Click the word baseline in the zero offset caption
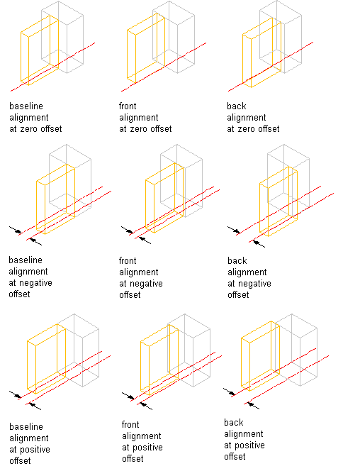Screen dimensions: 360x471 coord(26,106)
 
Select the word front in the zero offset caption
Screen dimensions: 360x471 coord(128,106)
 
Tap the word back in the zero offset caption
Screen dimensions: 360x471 coord(237,106)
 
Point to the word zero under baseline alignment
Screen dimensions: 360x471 coord(29,129)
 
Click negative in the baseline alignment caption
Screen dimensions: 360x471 coord(35,283)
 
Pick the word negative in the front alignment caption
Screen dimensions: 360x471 coord(146,284)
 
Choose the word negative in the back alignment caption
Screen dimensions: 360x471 coord(254,284)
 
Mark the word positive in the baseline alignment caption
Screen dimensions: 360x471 coord(35,450)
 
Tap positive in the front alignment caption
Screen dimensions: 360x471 coord(147,448)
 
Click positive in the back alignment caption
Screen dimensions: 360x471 coord(249,445)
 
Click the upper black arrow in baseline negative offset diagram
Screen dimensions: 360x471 coord(16,230)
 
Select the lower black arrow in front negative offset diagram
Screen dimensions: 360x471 coord(145,240)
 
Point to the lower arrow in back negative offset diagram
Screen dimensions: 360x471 coord(259,243)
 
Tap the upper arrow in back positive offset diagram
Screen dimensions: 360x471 coord(230,392)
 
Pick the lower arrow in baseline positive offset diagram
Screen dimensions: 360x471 coord(35,406)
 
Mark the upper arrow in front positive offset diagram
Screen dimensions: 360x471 coord(128,396)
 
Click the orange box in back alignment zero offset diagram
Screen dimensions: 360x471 coord(242,60)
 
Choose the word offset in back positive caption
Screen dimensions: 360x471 coord(235,457)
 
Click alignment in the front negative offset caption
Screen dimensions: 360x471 coord(139,272)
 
